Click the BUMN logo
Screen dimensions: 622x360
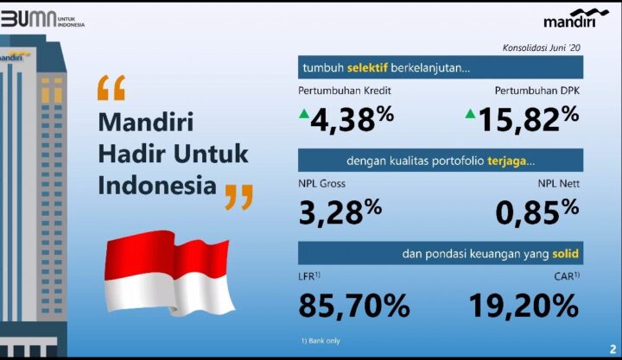pyautogui.click(x=42, y=19)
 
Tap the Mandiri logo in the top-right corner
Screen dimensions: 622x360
pyautogui.click(x=575, y=18)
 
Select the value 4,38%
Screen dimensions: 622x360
pyautogui.click(x=352, y=118)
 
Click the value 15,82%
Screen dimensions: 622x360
pyautogui.click(x=529, y=118)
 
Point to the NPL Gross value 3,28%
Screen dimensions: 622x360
pyautogui.click(x=340, y=212)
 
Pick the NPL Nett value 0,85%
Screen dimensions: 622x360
pyautogui.click(x=537, y=212)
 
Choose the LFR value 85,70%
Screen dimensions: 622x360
pyautogui.click(x=354, y=306)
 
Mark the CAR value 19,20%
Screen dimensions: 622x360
pyautogui.click(x=524, y=306)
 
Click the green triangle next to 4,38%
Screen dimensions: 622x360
pyautogui.click(x=304, y=114)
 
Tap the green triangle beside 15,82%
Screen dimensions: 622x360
pyautogui.click(x=470, y=114)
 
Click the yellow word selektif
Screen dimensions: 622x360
pyautogui.click(x=367, y=67)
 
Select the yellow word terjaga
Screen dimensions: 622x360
pyautogui.click(x=506, y=161)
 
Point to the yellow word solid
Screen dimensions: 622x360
pyautogui.click(x=565, y=254)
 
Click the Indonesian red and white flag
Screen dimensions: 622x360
pyautogui.click(x=169, y=273)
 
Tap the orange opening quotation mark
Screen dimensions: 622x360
pyautogui.click(x=111, y=87)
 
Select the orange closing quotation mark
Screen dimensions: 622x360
pyautogui.click(x=238, y=197)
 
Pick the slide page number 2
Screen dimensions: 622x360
pyautogui.click(x=612, y=350)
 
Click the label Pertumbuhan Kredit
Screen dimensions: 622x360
pyautogui.click(x=345, y=91)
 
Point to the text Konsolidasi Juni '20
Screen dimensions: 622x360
pyautogui.click(x=541, y=48)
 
